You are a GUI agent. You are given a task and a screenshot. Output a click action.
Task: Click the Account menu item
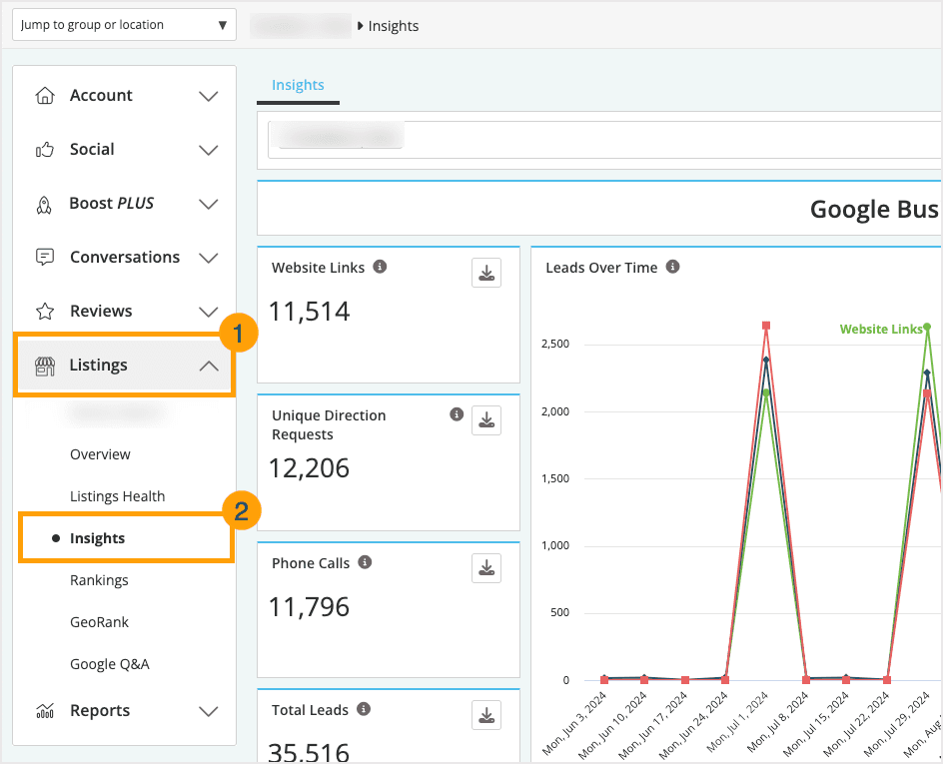[x=101, y=96]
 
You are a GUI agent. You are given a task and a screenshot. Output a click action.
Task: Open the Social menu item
[x=92, y=150]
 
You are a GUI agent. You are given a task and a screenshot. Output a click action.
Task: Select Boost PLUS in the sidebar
[x=111, y=204]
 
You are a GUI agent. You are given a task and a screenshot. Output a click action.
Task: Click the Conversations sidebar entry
[x=124, y=258]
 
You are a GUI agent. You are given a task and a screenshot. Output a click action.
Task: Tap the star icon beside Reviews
[x=45, y=312]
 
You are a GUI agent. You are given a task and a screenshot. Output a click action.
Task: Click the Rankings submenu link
[x=99, y=580]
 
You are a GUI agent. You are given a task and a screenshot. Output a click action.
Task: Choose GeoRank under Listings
[x=99, y=622]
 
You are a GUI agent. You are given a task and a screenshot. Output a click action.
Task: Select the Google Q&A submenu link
[x=109, y=664]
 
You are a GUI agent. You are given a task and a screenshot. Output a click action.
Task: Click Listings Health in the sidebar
[x=117, y=496]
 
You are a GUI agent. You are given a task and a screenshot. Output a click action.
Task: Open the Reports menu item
[x=100, y=711]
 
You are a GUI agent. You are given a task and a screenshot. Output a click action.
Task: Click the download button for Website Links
[x=486, y=273]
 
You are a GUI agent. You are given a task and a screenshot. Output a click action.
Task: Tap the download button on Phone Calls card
[x=486, y=568]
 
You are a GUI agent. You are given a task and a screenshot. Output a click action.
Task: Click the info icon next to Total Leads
[x=364, y=709]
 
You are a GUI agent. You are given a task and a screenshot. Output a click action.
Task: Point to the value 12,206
[x=309, y=467]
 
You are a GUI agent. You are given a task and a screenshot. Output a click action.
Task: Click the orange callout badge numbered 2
[x=241, y=512]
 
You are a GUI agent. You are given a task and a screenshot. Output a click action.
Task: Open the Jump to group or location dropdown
[x=125, y=25]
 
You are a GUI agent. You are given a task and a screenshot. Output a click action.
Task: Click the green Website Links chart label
[x=880, y=329]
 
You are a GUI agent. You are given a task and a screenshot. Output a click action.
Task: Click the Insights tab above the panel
[x=298, y=86]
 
